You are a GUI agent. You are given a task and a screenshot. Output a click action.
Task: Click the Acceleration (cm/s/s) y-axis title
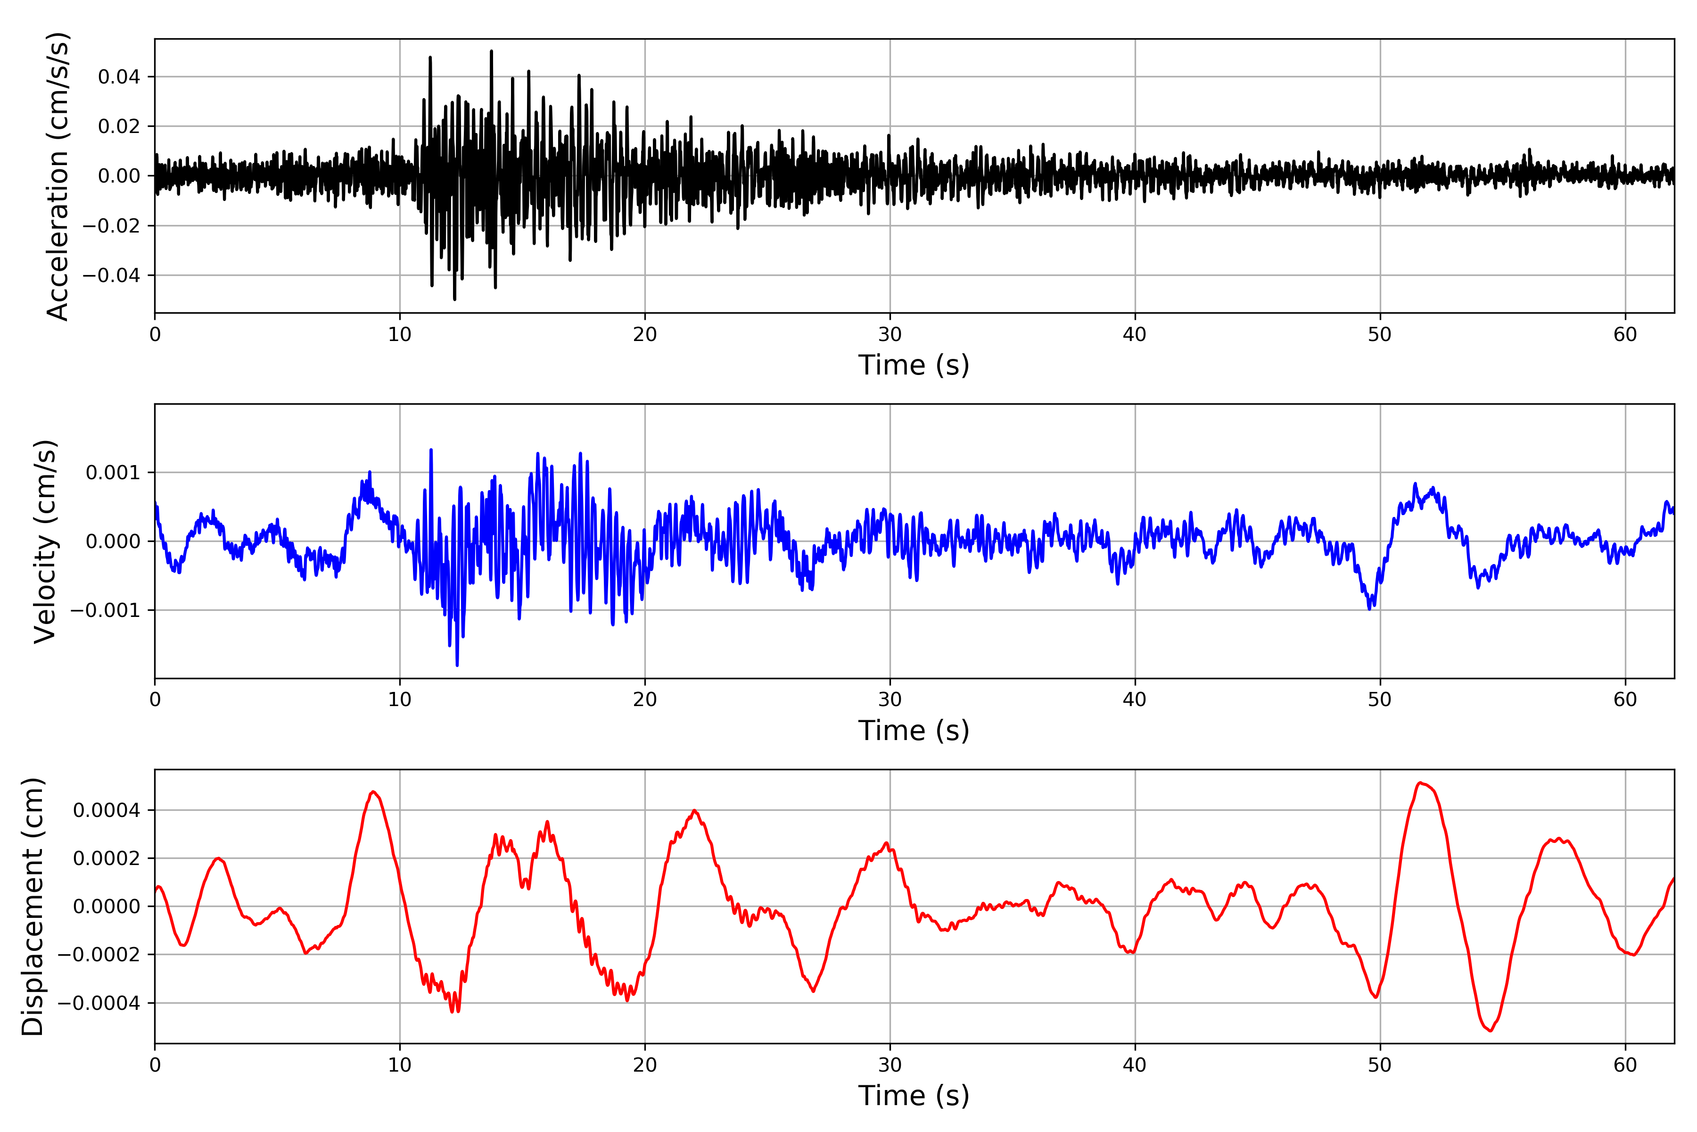click(58, 176)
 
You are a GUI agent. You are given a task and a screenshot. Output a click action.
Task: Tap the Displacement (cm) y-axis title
click(33, 907)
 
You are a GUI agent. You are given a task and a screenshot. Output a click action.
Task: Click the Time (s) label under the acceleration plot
click(914, 365)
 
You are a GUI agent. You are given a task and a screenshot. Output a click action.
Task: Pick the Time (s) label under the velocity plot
click(914, 731)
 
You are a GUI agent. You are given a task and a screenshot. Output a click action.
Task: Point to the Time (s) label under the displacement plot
click(914, 1096)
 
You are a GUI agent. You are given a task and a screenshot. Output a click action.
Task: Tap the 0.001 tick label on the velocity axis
click(113, 473)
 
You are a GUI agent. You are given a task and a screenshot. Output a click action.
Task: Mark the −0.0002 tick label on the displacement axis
click(98, 954)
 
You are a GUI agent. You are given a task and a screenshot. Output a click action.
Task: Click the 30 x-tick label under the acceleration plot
click(890, 334)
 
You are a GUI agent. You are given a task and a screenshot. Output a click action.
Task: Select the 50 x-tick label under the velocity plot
click(1380, 699)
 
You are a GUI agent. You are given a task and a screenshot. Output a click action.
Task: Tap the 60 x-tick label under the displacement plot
click(1625, 1065)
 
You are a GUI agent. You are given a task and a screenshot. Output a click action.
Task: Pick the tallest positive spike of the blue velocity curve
click(431, 450)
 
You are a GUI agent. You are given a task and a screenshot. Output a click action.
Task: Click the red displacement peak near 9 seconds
click(373, 792)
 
